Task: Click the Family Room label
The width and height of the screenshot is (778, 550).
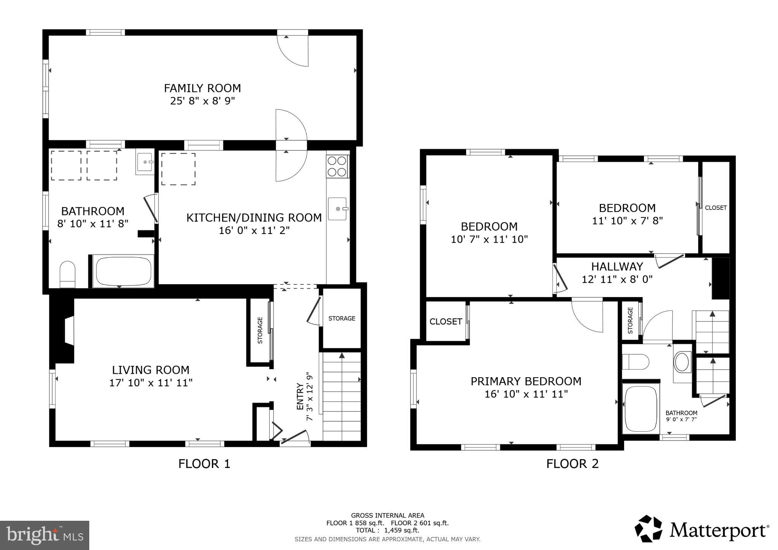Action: (202, 88)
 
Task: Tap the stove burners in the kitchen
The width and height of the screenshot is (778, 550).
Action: (337, 166)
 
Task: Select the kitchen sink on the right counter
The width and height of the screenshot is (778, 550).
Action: (337, 209)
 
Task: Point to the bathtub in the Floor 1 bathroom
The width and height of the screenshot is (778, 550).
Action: (123, 271)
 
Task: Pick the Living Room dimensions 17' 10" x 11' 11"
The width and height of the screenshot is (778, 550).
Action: (151, 383)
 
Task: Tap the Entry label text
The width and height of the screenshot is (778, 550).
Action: (300, 397)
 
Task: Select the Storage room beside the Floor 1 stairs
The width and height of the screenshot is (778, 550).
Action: (342, 318)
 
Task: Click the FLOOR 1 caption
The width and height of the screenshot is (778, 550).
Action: (204, 464)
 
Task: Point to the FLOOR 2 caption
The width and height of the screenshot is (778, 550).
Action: (572, 464)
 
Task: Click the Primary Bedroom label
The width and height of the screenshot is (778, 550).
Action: (526, 381)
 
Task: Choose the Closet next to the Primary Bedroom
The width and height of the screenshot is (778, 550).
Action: (446, 322)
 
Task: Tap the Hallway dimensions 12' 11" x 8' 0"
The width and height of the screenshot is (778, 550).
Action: (617, 280)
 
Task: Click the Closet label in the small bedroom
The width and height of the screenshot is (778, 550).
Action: (716, 208)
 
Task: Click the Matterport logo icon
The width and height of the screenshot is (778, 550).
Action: (649, 529)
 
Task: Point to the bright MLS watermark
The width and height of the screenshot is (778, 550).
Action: (44, 536)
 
